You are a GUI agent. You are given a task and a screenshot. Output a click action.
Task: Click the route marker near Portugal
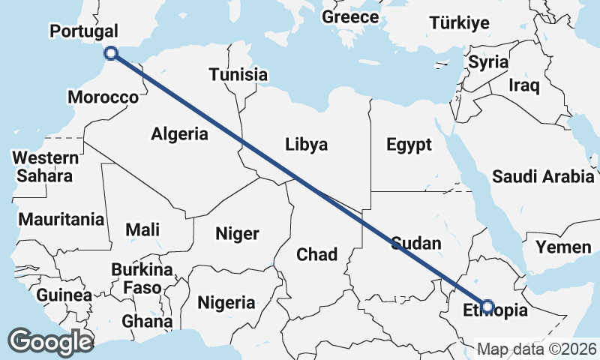[x=111, y=52]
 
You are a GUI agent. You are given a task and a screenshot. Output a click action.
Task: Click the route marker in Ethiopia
[x=487, y=306]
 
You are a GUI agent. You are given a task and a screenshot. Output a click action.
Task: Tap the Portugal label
[x=83, y=31]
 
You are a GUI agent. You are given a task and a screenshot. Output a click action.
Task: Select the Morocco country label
[x=103, y=97]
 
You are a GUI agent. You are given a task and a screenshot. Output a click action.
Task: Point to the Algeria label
[x=179, y=134]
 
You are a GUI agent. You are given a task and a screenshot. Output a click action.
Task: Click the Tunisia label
[x=238, y=75]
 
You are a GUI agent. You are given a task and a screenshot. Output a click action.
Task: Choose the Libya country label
[x=307, y=145]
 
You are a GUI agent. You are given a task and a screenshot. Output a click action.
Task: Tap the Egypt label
[x=409, y=145]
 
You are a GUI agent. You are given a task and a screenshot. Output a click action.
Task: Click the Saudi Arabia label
[x=543, y=177]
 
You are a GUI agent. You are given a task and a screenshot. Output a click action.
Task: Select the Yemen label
[x=562, y=247]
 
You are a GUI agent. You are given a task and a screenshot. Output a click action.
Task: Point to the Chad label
[x=316, y=254]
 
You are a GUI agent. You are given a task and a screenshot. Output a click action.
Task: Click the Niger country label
[x=237, y=233]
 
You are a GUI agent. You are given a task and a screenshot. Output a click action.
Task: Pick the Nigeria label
[x=226, y=303]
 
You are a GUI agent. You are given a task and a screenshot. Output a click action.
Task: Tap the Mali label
[x=142, y=229]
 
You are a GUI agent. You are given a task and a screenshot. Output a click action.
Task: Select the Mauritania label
[x=61, y=220]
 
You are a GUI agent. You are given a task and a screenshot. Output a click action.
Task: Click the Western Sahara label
[x=46, y=167]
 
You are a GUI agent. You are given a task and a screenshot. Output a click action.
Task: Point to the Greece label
[x=350, y=16]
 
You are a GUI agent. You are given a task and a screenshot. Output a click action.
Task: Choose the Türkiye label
[x=459, y=23]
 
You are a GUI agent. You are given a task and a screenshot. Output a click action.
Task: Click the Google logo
[x=51, y=341]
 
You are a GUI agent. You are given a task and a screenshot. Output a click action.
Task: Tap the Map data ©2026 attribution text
[x=537, y=349]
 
